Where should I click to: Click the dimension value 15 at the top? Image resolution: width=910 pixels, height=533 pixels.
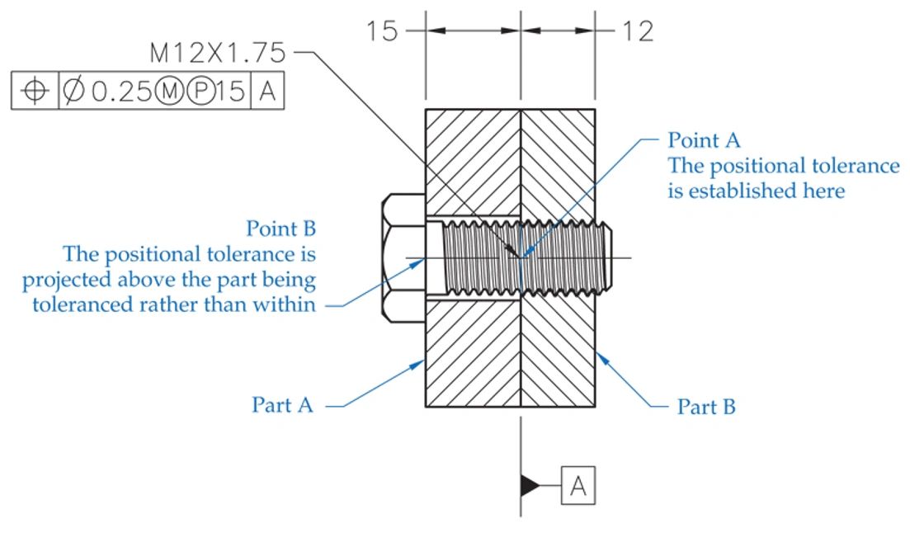[x=382, y=31]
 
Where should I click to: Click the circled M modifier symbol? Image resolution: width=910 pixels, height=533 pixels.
[x=168, y=92]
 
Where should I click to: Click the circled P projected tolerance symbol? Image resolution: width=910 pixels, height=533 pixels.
[x=200, y=92]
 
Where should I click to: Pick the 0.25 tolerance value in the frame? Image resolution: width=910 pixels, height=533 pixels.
[x=120, y=92]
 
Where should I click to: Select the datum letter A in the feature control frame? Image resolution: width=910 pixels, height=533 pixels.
[x=266, y=92]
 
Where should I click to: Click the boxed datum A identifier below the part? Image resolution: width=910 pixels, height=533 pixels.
[x=578, y=486]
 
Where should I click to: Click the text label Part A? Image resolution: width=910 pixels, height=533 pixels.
[x=282, y=406]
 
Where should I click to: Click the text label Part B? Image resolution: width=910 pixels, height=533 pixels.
[x=706, y=406]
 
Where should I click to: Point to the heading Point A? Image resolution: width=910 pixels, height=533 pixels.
[x=704, y=139]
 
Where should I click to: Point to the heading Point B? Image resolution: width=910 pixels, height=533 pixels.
[x=281, y=228]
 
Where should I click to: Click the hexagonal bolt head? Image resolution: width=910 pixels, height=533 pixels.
[x=404, y=257]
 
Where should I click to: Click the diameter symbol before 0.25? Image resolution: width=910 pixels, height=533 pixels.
[x=73, y=92]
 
